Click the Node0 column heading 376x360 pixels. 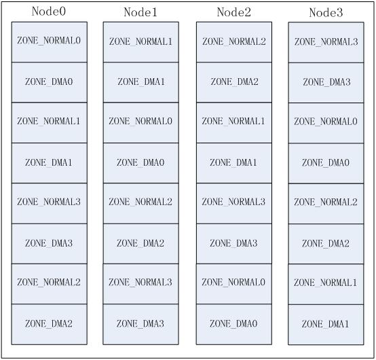(x=49, y=12)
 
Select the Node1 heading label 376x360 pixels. (x=140, y=12)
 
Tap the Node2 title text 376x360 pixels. (x=233, y=12)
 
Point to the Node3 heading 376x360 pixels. (x=326, y=12)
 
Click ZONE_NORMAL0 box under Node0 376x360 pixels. (x=49, y=42)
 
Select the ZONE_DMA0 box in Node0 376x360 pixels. (x=49, y=82)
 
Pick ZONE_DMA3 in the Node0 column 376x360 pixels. (x=49, y=244)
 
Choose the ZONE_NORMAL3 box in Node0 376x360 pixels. (x=49, y=204)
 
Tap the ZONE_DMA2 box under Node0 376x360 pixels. (x=49, y=324)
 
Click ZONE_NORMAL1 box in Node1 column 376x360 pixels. (x=141, y=42)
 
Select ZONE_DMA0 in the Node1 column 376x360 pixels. (x=141, y=163)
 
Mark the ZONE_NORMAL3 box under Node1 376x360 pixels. (x=141, y=284)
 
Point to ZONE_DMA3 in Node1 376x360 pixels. (x=141, y=324)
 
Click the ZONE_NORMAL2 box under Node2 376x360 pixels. (x=234, y=42)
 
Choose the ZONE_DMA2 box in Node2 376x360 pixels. (x=234, y=82)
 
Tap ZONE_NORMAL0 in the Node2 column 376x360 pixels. (x=234, y=284)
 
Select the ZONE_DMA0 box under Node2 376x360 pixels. (x=234, y=324)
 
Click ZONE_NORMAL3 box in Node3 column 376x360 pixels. (x=326, y=43)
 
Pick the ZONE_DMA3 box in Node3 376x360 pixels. (x=326, y=83)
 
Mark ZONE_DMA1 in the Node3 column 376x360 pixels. (x=326, y=325)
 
